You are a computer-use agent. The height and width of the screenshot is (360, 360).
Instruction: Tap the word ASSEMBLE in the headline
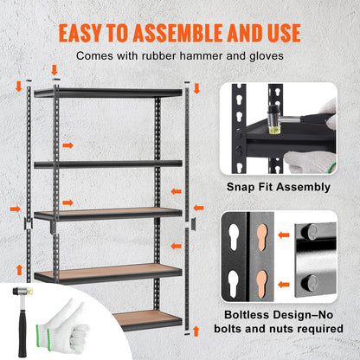tap(183, 32)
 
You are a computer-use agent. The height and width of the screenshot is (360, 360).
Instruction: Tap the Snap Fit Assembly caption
tap(277, 187)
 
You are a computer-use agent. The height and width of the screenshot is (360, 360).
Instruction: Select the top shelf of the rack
tap(108, 93)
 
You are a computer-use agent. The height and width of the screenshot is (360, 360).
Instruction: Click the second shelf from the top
tap(108, 163)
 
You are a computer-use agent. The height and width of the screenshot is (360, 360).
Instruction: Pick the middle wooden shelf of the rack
tap(108, 213)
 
